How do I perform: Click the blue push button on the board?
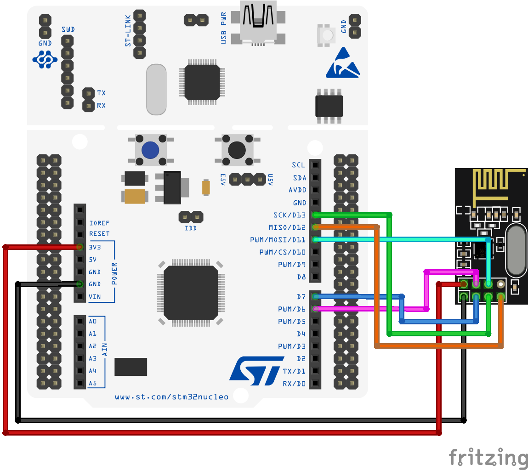(x=150, y=149)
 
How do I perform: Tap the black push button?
(x=237, y=149)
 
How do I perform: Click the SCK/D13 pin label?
(x=289, y=215)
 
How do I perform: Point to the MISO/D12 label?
(x=287, y=227)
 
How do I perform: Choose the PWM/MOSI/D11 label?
(x=278, y=240)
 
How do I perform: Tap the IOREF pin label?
(x=99, y=222)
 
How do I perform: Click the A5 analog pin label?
(x=93, y=383)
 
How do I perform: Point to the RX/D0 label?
(x=294, y=383)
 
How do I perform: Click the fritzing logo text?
(x=488, y=458)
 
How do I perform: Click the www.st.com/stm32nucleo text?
(x=171, y=397)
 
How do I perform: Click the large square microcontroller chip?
(x=191, y=293)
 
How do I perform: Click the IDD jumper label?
(x=191, y=228)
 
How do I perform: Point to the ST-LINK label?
(x=128, y=30)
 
